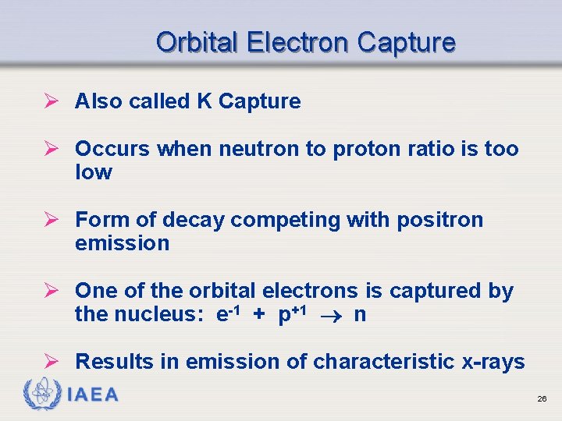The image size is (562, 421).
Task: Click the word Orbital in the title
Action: pyautogui.click(x=197, y=42)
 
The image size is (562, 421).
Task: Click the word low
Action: pyautogui.click(x=93, y=172)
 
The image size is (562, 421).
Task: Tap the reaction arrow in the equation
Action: pyautogui.click(x=332, y=316)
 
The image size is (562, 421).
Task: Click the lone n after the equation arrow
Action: pyautogui.click(x=360, y=316)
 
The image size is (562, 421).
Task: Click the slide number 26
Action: pyautogui.click(x=541, y=399)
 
